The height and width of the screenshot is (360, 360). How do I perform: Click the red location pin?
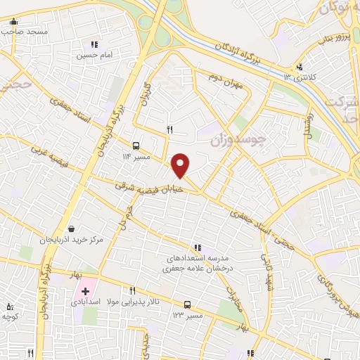(181, 165)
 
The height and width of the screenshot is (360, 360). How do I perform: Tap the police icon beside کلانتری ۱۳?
(301, 67)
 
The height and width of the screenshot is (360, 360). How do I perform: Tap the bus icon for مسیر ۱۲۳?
(188, 304)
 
